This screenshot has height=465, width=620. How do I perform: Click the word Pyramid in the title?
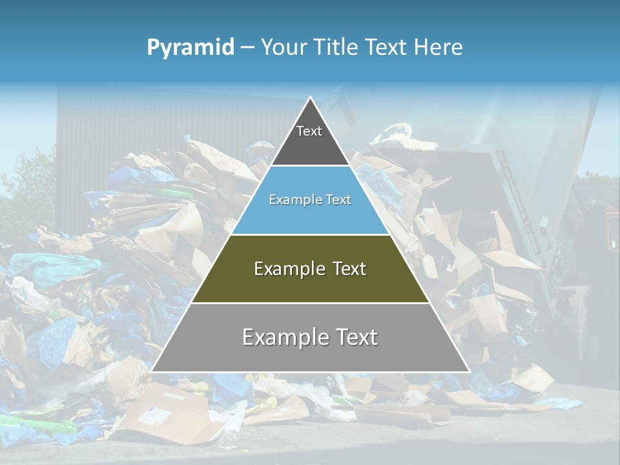(191, 48)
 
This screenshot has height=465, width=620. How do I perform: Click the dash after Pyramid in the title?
(247, 48)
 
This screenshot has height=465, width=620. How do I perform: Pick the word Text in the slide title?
(387, 47)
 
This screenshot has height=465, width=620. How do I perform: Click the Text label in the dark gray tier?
(309, 131)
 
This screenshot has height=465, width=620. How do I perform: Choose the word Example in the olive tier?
(288, 269)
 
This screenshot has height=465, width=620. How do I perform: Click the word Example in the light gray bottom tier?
(285, 337)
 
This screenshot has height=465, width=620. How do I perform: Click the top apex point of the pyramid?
(311, 98)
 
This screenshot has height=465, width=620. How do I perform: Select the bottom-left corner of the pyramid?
(152, 371)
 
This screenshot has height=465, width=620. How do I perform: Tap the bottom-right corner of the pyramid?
(470, 371)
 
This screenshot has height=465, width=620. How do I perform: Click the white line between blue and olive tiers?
(311, 234)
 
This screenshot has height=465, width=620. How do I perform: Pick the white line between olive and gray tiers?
(311, 303)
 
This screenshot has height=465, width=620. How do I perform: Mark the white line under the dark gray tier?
(311, 166)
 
